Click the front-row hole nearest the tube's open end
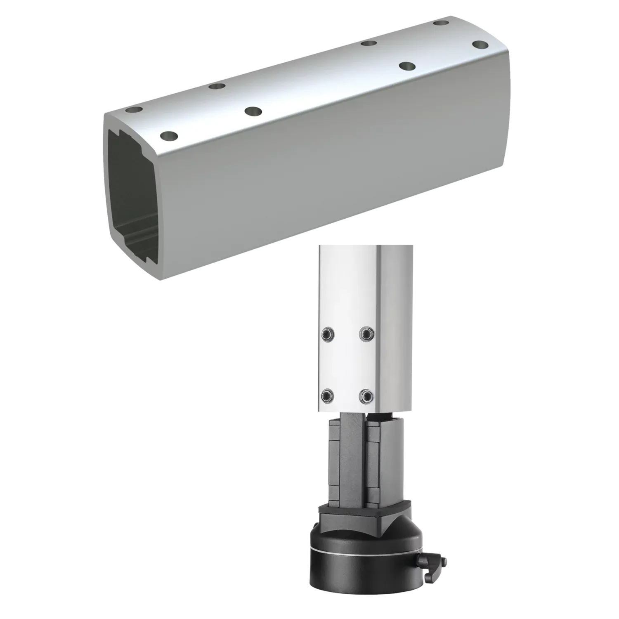tap(168, 135)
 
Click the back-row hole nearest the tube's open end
tap(134, 111)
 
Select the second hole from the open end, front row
tap(253, 111)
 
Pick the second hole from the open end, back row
tap(216, 86)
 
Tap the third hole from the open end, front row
tap(407, 66)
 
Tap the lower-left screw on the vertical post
tap(327, 396)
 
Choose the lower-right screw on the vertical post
tap(365, 396)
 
